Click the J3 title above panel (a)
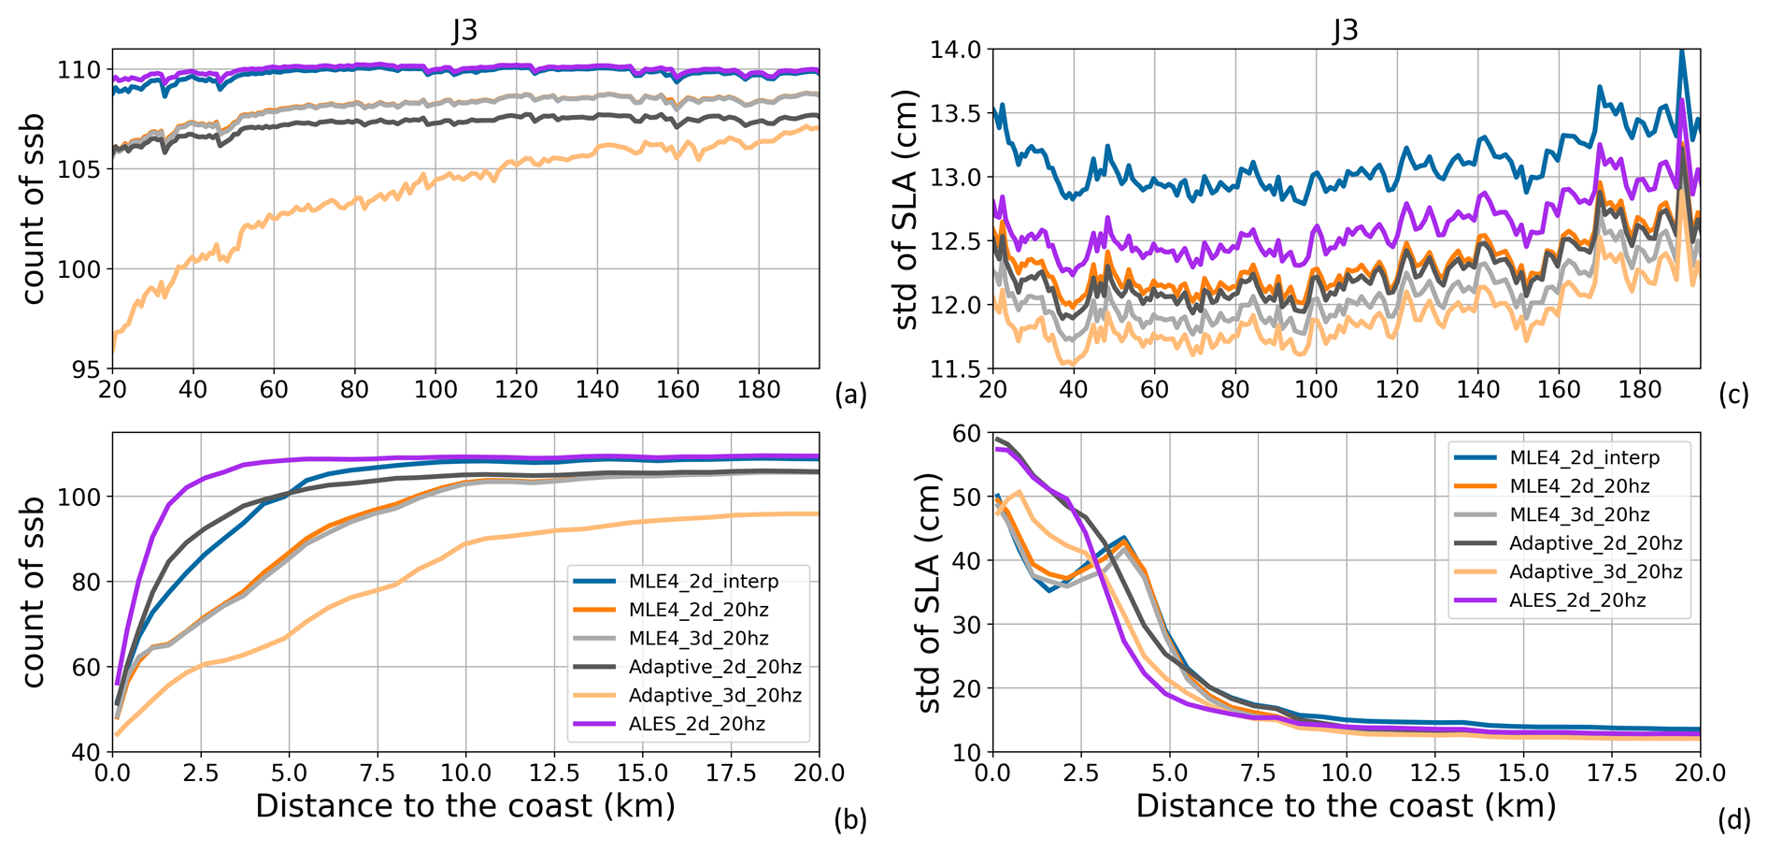click(x=464, y=30)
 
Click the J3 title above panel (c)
click(x=1345, y=30)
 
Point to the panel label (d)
click(x=1733, y=820)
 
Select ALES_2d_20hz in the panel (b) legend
click(x=697, y=724)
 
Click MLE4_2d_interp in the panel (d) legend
click(x=1585, y=457)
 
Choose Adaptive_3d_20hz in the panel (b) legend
click(x=715, y=695)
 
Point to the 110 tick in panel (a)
click(x=80, y=70)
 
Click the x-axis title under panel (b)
click(x=464, y=806)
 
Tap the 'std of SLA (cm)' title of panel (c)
click(x=906, y=209)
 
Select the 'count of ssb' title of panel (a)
click(x=34, y=209)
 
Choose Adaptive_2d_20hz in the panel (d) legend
click(x=1596, y=543)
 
